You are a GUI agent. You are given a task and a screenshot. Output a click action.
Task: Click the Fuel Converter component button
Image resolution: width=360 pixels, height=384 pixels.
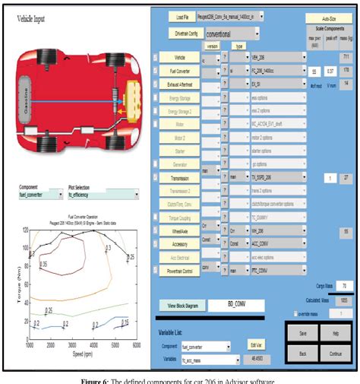coord(179,71)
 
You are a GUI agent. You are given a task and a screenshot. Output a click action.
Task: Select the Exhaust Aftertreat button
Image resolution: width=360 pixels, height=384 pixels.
coord(179,84)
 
